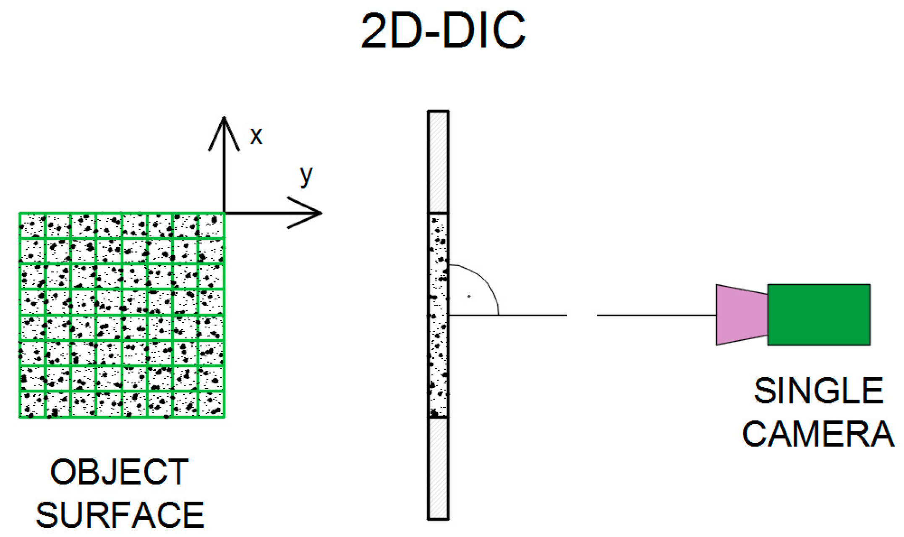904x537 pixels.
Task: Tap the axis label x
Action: coord(256,136)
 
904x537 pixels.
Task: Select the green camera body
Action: coord(818,314)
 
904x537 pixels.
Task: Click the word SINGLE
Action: coord(818,391)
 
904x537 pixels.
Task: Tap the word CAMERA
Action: coord(818,434)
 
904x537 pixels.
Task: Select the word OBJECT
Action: coord(120,472)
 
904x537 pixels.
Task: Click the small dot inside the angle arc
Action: coord(469,296)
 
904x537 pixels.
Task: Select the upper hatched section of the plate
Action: coord(438,162)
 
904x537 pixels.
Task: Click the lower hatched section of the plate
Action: coord(438,468)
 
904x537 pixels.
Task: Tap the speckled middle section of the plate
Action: coord(438,315)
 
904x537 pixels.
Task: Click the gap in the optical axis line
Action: coord(582,314)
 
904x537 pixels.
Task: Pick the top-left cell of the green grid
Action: coord(32,226)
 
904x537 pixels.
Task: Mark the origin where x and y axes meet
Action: coord(225,213)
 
